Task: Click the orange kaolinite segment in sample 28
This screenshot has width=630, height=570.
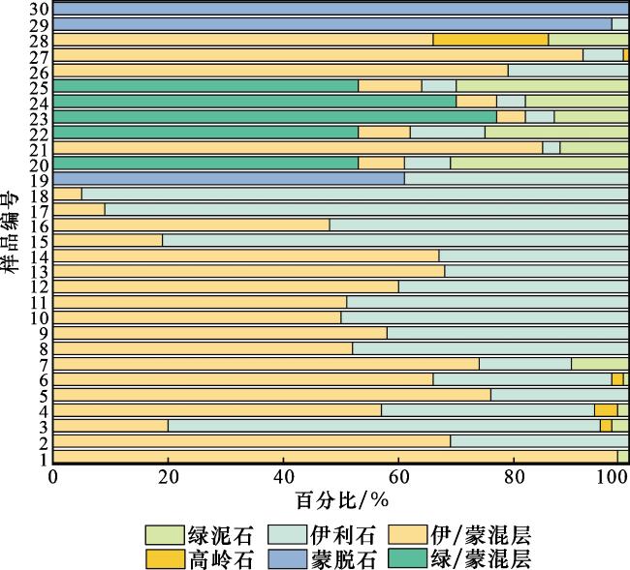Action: tap(490, 40)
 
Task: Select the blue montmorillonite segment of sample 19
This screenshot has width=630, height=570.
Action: tap(229, 179)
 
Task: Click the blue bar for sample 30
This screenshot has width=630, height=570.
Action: tap(340, 9)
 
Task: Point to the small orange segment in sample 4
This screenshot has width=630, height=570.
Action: tap(606, 410)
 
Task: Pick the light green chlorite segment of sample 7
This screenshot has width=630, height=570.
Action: tap(600, 364)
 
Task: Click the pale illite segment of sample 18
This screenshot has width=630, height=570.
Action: tap(355, 194)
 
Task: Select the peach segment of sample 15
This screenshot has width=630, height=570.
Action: tap(108, 240)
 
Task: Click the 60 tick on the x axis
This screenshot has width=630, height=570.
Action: tap(397, 477)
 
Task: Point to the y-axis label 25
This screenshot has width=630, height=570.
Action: tap(39, 86)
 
